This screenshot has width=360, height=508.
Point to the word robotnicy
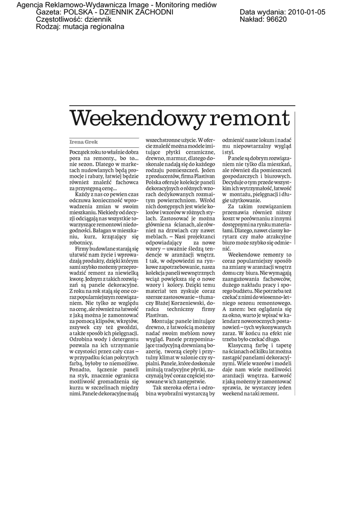(x=81, y=243)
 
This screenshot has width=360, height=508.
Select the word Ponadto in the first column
(x=81, y=369)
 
